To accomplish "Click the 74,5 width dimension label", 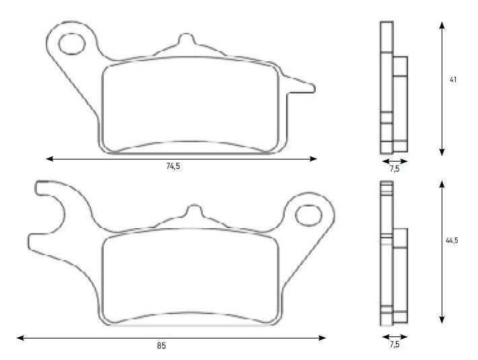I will tap(173, 166).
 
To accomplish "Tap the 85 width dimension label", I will tap(161, 345).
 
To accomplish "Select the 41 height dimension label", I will tap(453, 80).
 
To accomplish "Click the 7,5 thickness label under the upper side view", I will tap(395, 170).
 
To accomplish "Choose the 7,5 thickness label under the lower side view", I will tap(395, 344).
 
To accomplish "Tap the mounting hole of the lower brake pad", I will tap(308, 215).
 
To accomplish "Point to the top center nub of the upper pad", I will tap(183, 40).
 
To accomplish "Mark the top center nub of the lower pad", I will tap(193, 211).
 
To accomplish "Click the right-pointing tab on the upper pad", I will tap(303, 86).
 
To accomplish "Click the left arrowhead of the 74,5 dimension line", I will tap(49, 159).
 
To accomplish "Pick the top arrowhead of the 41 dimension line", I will tap(442, 24).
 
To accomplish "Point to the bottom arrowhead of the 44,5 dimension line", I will tap(442, 321).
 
